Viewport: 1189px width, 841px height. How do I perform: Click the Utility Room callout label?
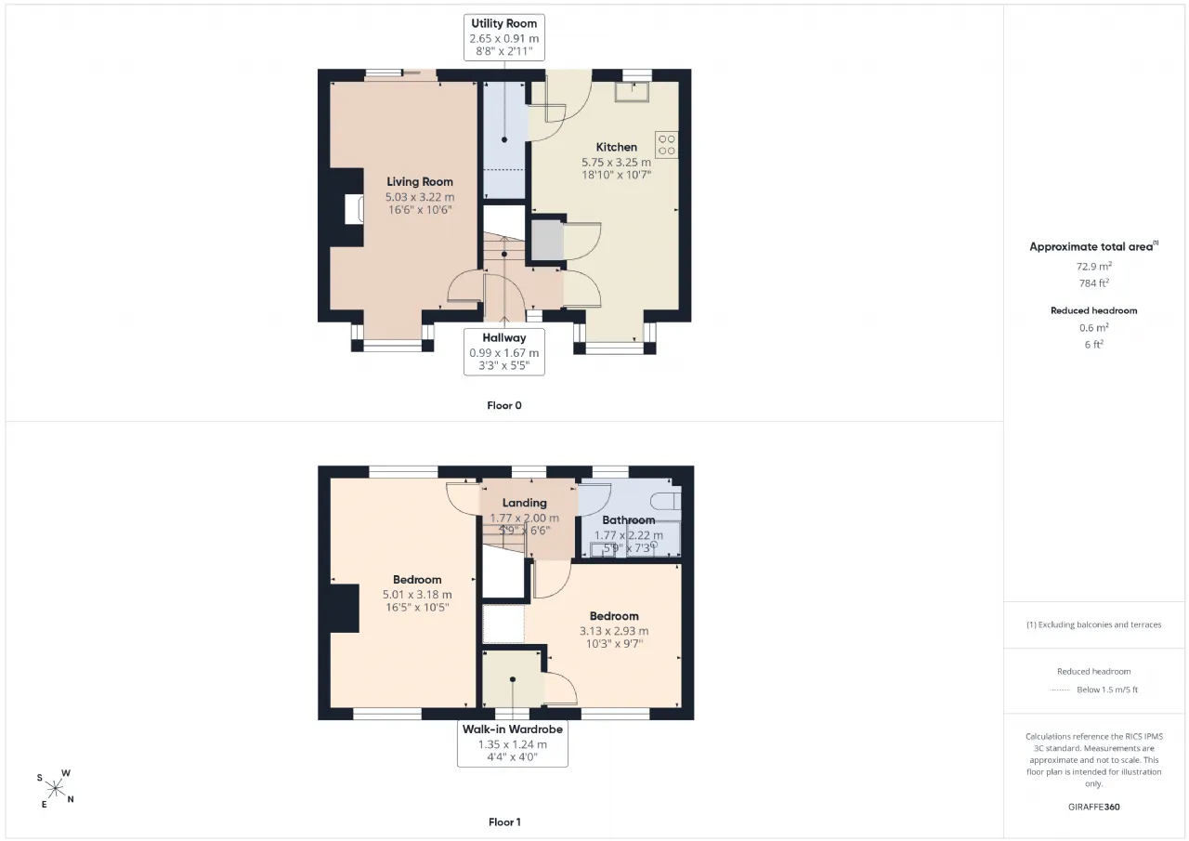(x=503, y=37)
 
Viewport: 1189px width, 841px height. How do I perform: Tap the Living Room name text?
(x=419, y=181)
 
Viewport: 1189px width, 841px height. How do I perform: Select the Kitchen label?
(x=616, y=147)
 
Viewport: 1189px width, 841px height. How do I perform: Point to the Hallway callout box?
(x=503, y=351)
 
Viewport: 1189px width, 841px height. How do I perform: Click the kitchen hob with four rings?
(x=667, y=145)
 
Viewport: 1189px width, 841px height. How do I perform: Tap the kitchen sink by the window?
(x=632, y=91)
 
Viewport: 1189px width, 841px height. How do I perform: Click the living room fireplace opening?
(x=354, y=209)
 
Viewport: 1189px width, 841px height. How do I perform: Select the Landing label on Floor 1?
(x=525, y=503)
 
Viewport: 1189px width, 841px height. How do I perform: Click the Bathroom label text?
(x=629, y=519)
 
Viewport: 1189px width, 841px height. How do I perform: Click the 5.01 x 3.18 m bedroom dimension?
(x=417, y=595)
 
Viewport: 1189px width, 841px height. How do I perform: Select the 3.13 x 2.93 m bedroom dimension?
(x=614, y=631)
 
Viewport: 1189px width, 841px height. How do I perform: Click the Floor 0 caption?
(x=504, y=406)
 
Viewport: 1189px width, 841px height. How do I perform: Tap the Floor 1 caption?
(x=504, y=822)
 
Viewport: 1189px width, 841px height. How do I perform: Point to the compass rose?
(x=55, y=788)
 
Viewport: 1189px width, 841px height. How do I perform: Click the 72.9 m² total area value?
(x=1094, y=266)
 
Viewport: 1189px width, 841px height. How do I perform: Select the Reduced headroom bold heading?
(x=1094, y=310)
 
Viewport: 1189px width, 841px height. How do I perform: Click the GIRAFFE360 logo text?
(x=1094, y=807)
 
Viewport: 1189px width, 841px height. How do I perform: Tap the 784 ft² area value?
(x=1094, y=283)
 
